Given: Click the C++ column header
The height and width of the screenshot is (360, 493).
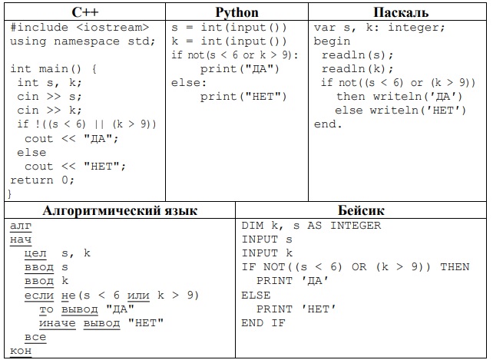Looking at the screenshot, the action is point(85,12).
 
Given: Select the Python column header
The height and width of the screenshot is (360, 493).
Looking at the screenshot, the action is point(237,12).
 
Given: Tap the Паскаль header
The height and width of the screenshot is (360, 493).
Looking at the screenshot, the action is point(401,12).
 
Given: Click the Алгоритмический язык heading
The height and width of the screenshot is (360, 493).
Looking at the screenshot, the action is point(120,210).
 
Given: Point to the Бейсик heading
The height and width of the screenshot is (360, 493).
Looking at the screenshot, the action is point(361,210).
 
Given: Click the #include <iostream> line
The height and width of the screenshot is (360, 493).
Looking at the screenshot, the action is point(80,28).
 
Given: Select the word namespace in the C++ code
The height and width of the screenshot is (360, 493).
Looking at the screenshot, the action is point(87,41).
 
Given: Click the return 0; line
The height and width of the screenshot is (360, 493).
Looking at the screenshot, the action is point(42,180).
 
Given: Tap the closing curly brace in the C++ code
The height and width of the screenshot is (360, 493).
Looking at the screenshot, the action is point(9,193).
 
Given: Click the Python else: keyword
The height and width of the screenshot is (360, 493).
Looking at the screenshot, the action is point(189,83).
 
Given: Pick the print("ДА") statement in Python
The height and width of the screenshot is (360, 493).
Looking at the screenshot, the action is point(240,69).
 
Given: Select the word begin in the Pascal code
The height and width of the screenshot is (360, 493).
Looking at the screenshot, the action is point(332,41).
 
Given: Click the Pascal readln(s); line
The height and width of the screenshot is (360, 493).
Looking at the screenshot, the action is point(357,55).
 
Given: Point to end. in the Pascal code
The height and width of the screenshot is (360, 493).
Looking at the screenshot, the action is point(328,124).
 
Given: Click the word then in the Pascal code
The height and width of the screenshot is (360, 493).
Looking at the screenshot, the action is point(351,96).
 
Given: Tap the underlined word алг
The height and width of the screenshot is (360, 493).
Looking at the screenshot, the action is point(21,226).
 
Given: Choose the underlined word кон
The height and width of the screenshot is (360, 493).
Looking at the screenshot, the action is point(21,351).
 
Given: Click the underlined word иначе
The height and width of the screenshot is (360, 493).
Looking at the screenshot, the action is point(58,323).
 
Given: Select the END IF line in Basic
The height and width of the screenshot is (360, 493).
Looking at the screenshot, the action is point(263,323).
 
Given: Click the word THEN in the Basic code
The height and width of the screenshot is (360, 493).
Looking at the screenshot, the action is point(455,267).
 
